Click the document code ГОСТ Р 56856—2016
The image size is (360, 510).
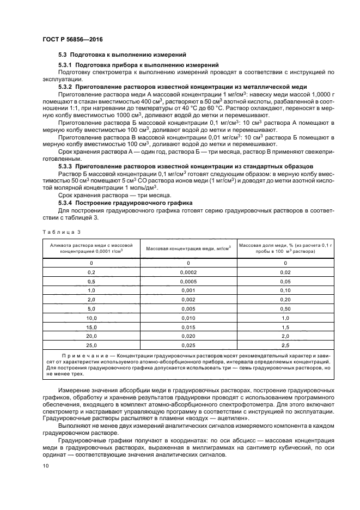click(x=72, y=40)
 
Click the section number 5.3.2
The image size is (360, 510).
click(x=67, y=87)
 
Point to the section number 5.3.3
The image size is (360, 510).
click(x=67, y=165)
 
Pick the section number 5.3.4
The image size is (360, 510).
click(x=67, y=202)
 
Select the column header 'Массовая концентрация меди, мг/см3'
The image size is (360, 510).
click(x=188, y=248)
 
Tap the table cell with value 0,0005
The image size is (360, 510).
click(x=188, y=281)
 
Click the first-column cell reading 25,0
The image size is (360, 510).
click(x=91, y=345)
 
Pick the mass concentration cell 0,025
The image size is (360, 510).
click(x=188, y=345)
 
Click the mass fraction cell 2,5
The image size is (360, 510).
click(x=285, y=345)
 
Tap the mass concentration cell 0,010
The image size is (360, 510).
click(x=188, y=318)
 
